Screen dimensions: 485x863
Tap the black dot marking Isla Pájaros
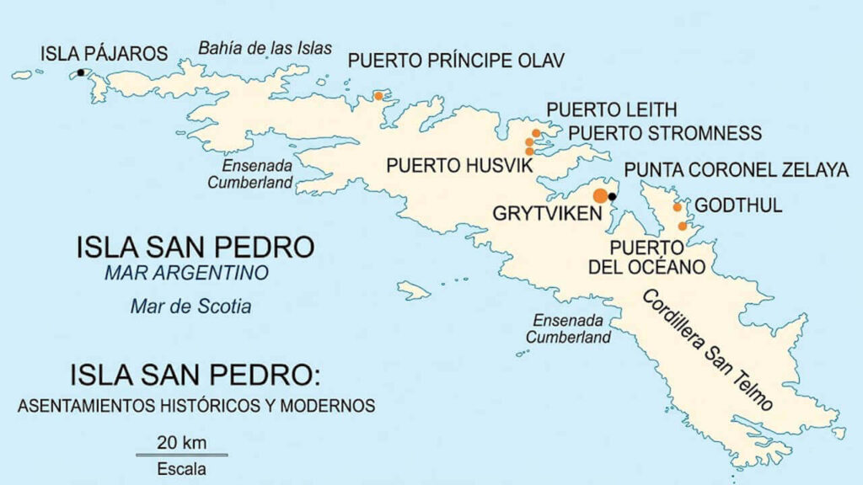coord(81,73)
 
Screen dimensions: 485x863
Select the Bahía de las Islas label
coord(265,48)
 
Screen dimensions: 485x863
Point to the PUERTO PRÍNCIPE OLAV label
coord(456,60)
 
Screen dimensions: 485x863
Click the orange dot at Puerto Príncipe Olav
coord(378,96)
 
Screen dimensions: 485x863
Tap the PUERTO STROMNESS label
coord(664,133)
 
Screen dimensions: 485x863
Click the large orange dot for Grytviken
coord(600,196)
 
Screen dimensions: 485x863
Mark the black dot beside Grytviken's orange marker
coord(613,197)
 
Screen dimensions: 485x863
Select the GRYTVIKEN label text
coord(548,214)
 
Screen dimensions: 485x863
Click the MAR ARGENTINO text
coord(186,273)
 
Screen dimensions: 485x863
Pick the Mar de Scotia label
coord(190,306)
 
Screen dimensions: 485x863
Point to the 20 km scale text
coord(180,443)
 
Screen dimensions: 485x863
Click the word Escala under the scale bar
coord(181,469)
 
